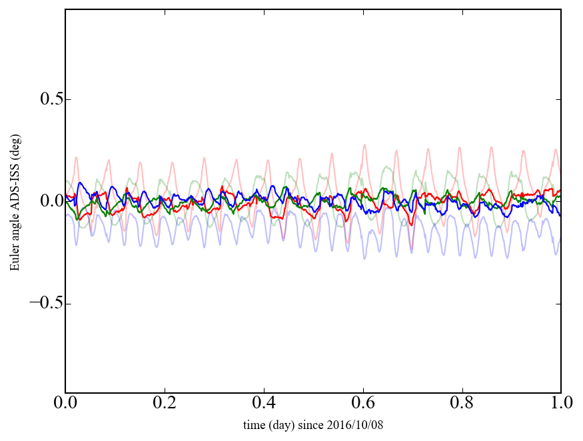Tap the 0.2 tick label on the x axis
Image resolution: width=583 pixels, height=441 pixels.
click(x=164, y=403)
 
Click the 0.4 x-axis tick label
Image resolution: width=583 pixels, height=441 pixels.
click(x=263, y=403)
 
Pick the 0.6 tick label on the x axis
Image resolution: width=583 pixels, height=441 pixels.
click(x=362, y=403)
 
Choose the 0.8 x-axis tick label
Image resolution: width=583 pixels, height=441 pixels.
click(x=462, y=403)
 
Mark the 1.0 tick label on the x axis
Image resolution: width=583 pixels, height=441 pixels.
click(x=560, y=403)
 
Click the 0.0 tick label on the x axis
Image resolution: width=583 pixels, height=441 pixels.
click(x=65, y=403)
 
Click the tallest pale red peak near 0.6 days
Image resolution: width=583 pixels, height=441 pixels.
click(x=364, y=145)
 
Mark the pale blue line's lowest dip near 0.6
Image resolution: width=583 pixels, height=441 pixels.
click(x=364, y=258)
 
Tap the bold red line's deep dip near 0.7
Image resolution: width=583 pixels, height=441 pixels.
click(x=412, y=224)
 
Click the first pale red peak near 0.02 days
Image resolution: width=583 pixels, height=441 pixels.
click(x=76, y=158)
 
